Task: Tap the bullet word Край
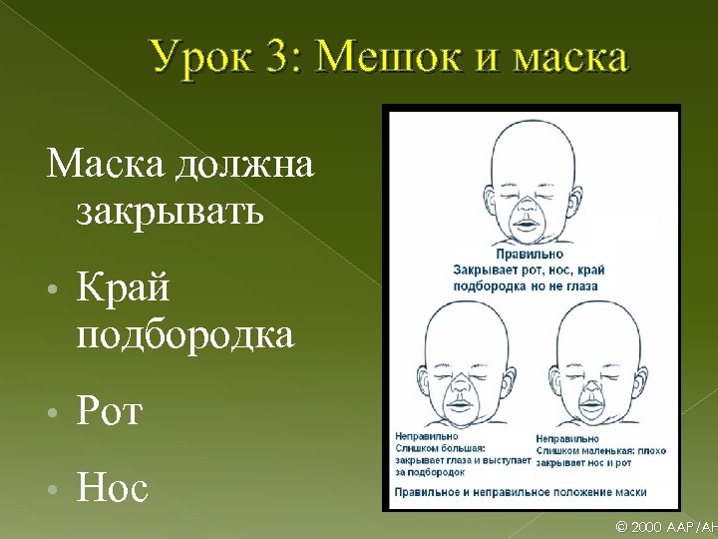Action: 123,288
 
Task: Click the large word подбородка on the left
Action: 184,336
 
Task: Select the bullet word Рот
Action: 109,410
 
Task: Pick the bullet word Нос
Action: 112,488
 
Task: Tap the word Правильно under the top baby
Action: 529,255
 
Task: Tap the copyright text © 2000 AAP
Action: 662,527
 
